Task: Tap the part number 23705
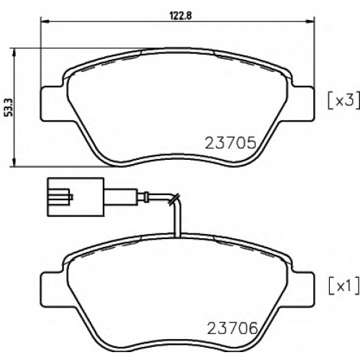[230, 143]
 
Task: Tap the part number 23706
[232, 328]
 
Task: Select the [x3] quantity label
[344, 100]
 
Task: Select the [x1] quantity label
[344, 285]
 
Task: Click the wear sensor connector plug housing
[76, 197]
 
